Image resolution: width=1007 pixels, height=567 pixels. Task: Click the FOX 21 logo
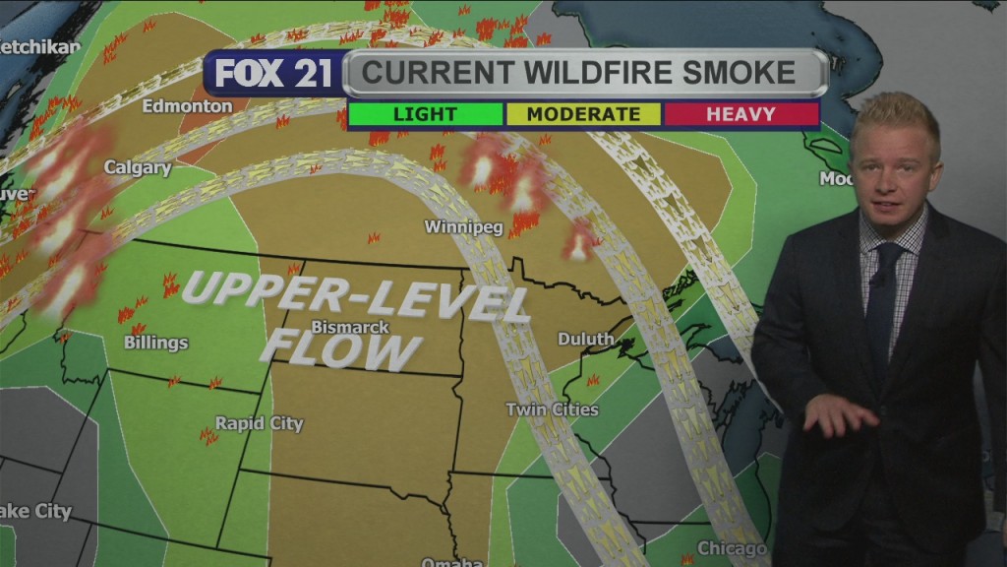point(274,75)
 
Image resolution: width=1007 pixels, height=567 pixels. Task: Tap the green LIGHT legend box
point(425,114)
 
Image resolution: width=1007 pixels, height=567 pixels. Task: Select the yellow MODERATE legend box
point(583,114)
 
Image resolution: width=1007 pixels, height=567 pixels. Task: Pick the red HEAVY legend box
point(740,114)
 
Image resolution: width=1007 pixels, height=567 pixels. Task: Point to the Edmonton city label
point(187,106)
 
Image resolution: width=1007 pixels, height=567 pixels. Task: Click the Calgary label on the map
point(138,168)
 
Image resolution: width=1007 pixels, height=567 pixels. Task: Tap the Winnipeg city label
point(463,227)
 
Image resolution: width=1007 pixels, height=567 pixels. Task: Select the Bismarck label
point(350,327)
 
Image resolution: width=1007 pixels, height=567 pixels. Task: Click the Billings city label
point(155,343)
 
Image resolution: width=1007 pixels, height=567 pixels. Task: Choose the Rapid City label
point(260,424)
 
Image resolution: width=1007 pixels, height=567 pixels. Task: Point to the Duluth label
point(586,340)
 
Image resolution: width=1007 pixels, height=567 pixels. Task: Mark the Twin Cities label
point(552,409)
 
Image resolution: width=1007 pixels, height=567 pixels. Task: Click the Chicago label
point(732,548)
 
